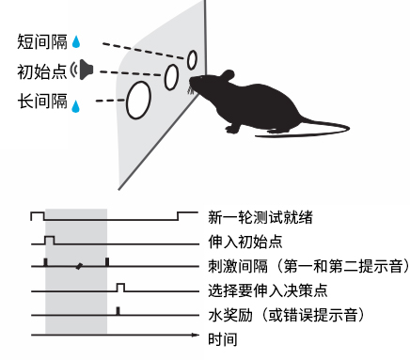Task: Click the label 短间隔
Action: pos(42,41)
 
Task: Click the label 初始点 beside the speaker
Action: pos(42,70)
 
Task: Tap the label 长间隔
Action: pos(42,100)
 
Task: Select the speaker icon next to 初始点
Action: pos(86,70)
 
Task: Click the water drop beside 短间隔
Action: pos(77,42)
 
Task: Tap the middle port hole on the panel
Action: pos(172,76)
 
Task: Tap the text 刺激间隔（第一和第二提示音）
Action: pos(300,266)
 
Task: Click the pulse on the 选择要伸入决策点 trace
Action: pos(120,286)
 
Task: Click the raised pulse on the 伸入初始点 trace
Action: pos(50,239)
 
